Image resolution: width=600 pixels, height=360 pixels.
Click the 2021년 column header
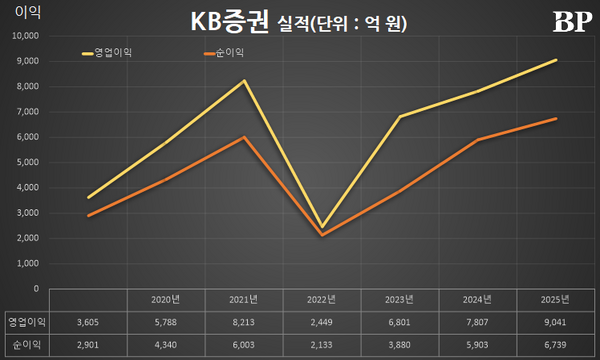click(244, 298)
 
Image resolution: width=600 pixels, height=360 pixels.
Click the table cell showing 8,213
click(244, 321)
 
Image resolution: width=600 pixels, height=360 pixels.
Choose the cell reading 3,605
click(88, 321)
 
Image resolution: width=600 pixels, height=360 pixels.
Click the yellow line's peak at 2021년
click(244, 81)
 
